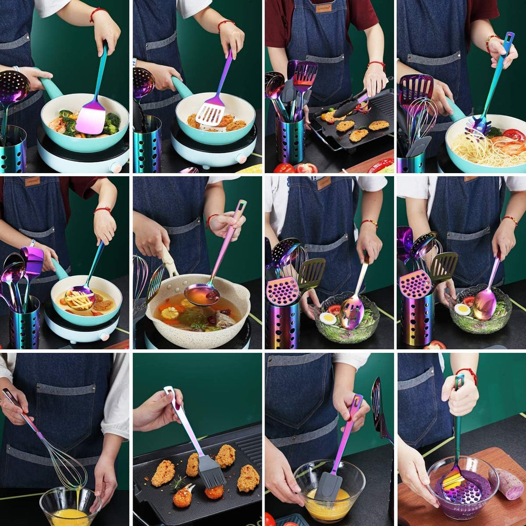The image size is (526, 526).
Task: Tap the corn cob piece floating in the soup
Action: pyautogui.click(x=170, y=312)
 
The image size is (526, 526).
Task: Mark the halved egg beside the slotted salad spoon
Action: pyautogui.click(x=327, y=318)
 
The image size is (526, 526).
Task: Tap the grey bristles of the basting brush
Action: pyautogui.click(x=212, y=471)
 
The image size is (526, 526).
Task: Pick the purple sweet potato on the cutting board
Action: pyautogui.click(x=510, y=483)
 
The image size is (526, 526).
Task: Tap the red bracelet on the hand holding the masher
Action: pyautogui.click(x=466, y=373)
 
